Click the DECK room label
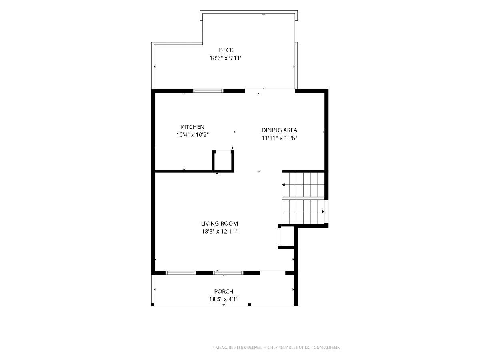(x=226, y=50)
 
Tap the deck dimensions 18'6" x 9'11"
(x=226, y=58)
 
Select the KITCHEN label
(x=192, y=127)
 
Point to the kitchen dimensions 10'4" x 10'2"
(x=192, y=135)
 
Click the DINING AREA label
(x=279, y=130)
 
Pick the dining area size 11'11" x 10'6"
(x=279, y=138)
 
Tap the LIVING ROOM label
(x=219, y=223)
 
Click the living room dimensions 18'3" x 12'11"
(x=219, y=231)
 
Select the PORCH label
(x=224, y=291)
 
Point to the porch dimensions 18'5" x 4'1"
(x=224, y=299)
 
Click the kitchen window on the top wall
(x=208, y=91)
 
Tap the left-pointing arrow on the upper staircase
(x=284, y=185)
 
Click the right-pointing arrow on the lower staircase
(x=323, y=212)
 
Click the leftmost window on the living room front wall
(x=181, y=273)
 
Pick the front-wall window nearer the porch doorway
(x=228, y=273)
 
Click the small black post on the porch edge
(x=249, y=304)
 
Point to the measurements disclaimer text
(x=276, y=348)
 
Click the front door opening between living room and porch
(x=273, y=272)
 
